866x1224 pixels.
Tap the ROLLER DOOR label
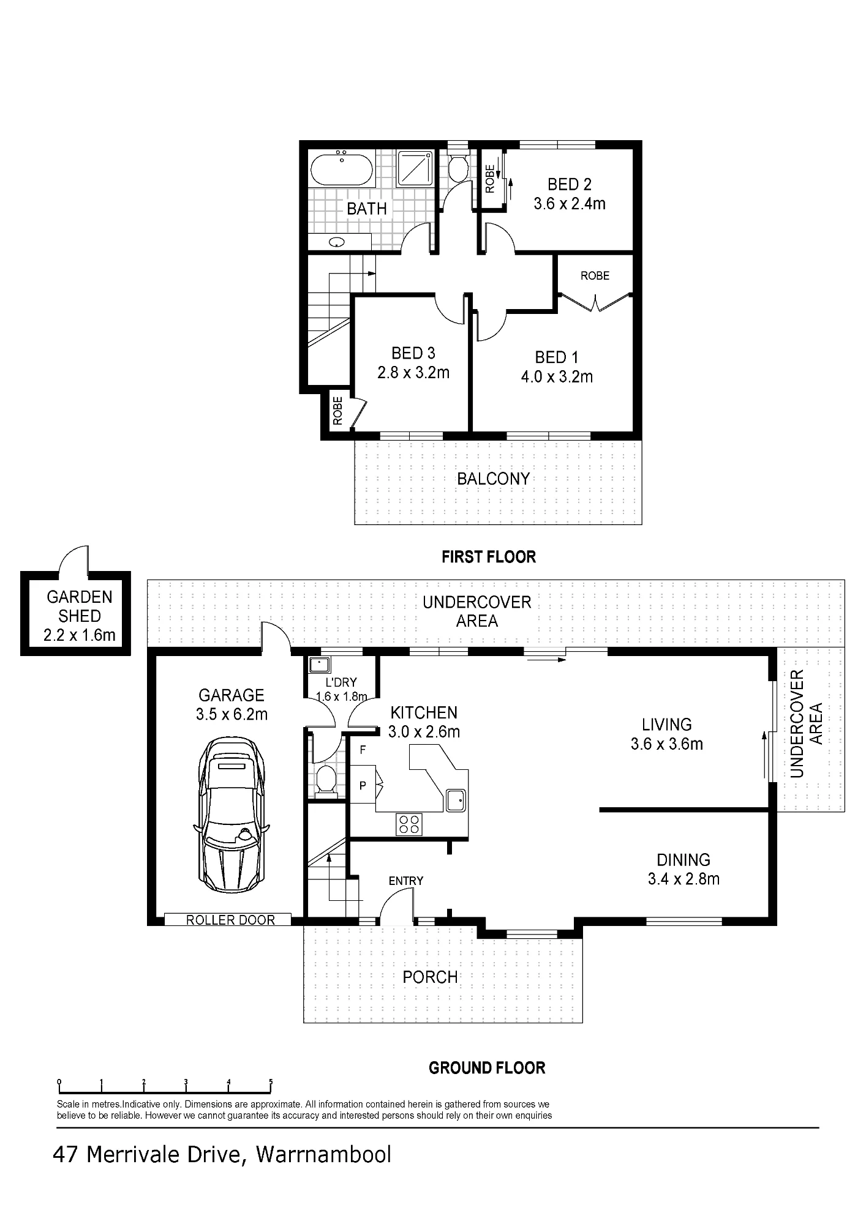[x=230, y=920]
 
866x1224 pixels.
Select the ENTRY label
[x=406, y=881]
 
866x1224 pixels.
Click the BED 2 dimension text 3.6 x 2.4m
[x=570, y=204]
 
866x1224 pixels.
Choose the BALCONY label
[x=494, y=479]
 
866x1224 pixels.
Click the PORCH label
[x=431, y=977]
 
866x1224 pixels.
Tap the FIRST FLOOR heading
[x=489, y=557]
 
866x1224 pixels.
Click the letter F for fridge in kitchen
[x=363, y=750]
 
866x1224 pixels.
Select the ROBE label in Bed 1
[x=595, y=276]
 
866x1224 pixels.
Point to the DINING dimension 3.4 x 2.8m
[x=683, y=879]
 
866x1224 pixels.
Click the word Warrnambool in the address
[x=323, y=1155]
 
